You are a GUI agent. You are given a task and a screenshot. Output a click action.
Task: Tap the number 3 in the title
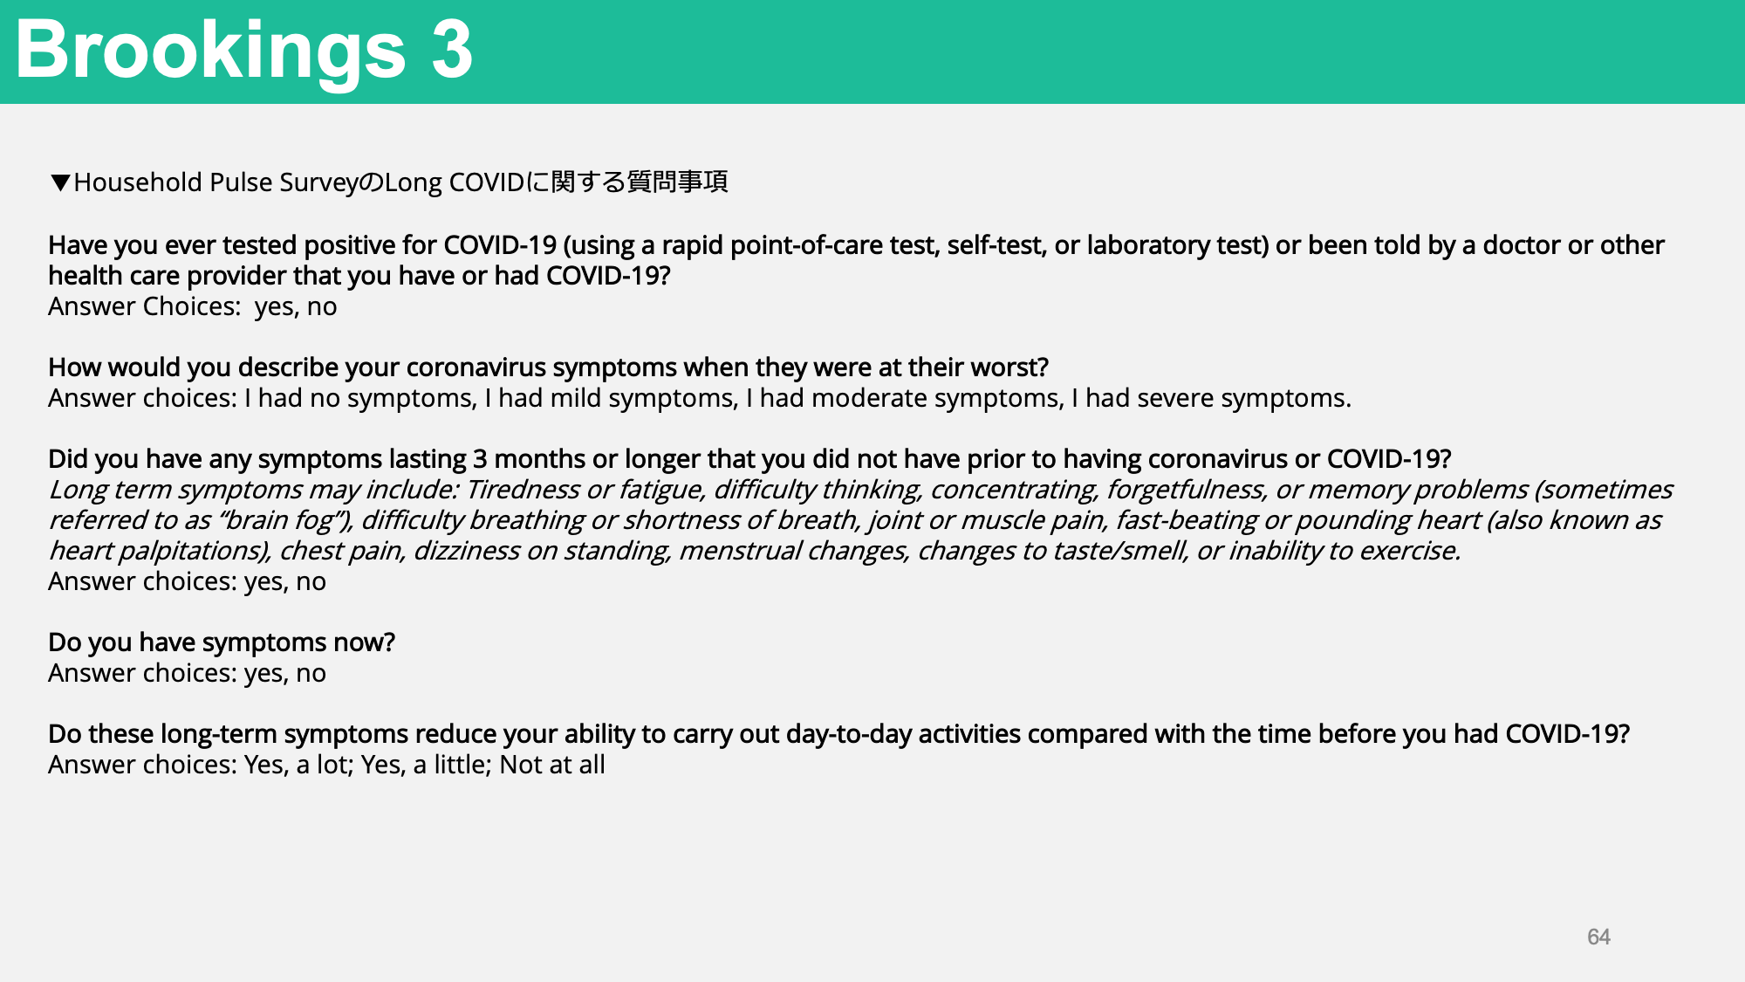click(452, 50)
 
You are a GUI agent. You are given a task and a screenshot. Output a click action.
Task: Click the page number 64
click(1598, 937)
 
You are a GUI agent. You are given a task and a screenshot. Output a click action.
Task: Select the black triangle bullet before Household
click(60, 182)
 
